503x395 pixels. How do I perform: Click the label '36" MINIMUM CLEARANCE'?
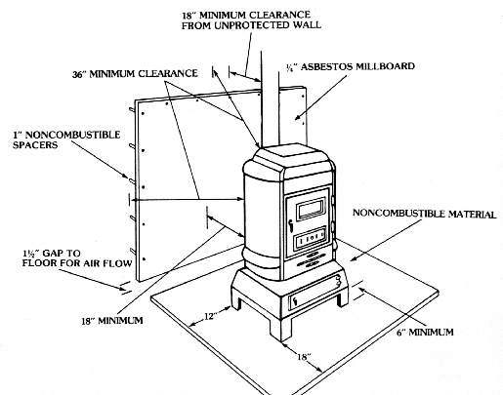pyautogui.click(x=135, y=74)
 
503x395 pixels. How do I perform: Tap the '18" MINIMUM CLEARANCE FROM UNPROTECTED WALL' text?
pyautogui.click(x=251, y=20)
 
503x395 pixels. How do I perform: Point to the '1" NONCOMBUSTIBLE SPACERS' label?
pyautogui.click(x=66, y=139)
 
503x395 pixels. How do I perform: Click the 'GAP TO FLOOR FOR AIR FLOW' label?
pyautogui.click(x=77, y=258)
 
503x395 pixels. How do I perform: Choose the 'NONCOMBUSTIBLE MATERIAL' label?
pyautogui.click(x=425, y=214)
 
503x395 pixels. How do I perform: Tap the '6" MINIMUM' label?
pyautogui.click(x=425, y=333)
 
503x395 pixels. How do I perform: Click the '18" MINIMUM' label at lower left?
pyautogui.click(x=112, y=321)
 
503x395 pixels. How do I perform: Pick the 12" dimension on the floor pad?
pyautogui.click(x=210, y=316)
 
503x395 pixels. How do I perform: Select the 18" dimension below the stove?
pyautogui.click(x=303, y=357)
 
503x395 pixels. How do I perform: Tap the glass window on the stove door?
pyautogui.click(x=312, y=209)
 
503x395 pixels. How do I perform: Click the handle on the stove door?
pyautogui.click(x=290, y=226)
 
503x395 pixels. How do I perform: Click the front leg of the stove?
pyautogui.click(x=280, y=329)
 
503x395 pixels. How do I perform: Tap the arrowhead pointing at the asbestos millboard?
pyautogui.click(x=298, y=117)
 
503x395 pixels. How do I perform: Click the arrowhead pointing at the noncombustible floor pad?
pyautogui.click(x=353, y=258)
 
